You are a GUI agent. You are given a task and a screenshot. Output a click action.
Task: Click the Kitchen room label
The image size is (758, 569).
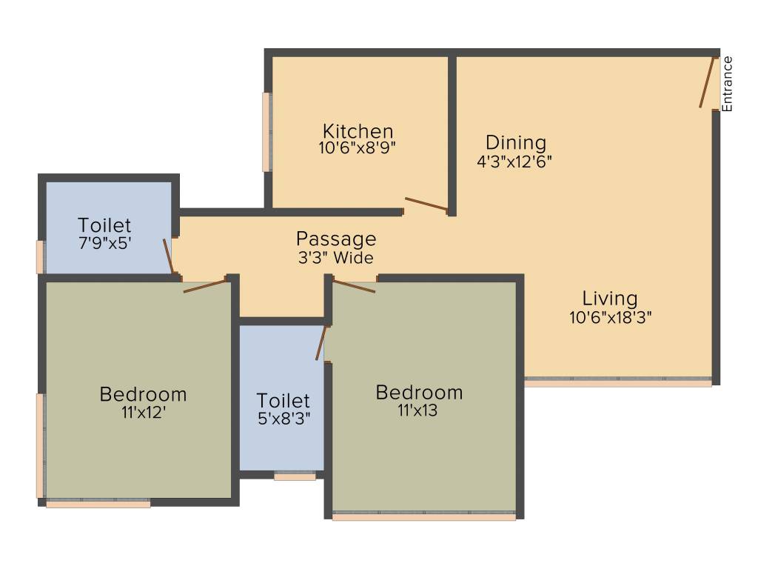[358, 131]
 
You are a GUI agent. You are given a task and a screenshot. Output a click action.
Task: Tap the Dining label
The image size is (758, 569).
[515, 142]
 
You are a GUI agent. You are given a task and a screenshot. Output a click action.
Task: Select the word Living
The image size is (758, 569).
[609, 299]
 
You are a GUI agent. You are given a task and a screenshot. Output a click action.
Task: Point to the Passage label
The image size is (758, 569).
[336, 239]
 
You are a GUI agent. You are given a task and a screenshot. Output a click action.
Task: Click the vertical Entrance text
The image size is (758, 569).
[727, 84]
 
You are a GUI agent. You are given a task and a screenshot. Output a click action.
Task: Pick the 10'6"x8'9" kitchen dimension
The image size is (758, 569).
[358, 147]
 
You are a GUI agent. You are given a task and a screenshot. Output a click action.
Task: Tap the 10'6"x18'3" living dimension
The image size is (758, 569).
[609, 317]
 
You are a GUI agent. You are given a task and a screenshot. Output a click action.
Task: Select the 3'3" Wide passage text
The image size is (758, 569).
[336, 258]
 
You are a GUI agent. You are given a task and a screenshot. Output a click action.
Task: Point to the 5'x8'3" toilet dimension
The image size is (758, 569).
[284, 417]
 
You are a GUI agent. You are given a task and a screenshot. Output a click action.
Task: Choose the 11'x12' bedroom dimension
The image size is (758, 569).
[143, 412]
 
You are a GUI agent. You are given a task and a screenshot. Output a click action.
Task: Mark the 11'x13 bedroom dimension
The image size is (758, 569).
[418, 410]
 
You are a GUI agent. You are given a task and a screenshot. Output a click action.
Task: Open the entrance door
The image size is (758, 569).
[707, 82]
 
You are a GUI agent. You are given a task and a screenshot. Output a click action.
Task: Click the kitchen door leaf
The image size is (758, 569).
[426, 204]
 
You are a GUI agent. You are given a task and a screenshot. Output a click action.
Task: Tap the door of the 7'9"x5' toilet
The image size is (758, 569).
[168, 256]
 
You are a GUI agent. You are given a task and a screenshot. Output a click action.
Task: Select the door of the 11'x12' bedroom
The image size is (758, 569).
[205, 285]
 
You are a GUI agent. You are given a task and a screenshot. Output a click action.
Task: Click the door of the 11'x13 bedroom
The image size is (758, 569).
[355, 285]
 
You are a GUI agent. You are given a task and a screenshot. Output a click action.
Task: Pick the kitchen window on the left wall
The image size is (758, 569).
[266, 132]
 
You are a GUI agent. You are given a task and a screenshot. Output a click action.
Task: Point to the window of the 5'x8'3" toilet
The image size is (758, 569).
[295, 476]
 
